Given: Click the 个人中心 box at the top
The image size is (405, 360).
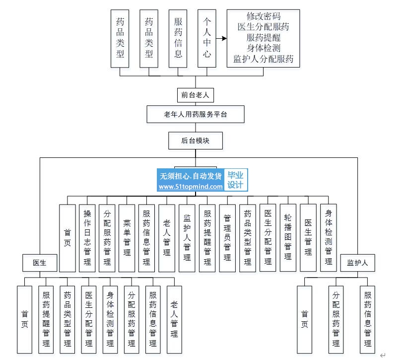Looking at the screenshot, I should click(x=206, y=38).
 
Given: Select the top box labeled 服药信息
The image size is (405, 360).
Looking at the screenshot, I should click(x=178, y=38).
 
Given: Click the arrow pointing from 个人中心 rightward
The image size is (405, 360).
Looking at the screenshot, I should click(x=221, y=38).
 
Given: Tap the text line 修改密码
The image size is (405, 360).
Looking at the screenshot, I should click(x=263, y=16).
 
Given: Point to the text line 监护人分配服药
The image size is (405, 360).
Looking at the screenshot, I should click(x=263, y=60).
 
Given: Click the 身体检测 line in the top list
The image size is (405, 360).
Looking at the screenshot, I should click(x=263, y=49).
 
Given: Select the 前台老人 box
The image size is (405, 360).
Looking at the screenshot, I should click(x=195, y=94).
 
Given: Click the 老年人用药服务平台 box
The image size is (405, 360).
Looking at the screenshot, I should click(x=195, y=114).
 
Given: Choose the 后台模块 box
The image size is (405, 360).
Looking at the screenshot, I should click(x=195, y=141).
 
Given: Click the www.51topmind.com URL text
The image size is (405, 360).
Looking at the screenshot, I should click(x=191, y=187).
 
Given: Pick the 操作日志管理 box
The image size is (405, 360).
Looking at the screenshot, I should click(x=87, y=238).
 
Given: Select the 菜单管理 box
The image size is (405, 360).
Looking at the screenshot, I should click(x=127, y=238).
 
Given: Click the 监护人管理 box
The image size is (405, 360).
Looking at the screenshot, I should click(x=187, y=238).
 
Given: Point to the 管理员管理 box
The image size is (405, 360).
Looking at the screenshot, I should click(x=227, y=238).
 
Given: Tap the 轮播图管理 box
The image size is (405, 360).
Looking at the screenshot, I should click(x=288, y=238).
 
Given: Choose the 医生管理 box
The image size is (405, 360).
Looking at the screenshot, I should click(x=308, y=238).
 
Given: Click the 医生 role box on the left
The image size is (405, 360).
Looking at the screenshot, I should click(x=40, y=263).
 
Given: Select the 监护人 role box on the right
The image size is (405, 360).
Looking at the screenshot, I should click(x=357, y=263).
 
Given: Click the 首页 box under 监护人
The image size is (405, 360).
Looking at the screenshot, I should click(x=304, y=319).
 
